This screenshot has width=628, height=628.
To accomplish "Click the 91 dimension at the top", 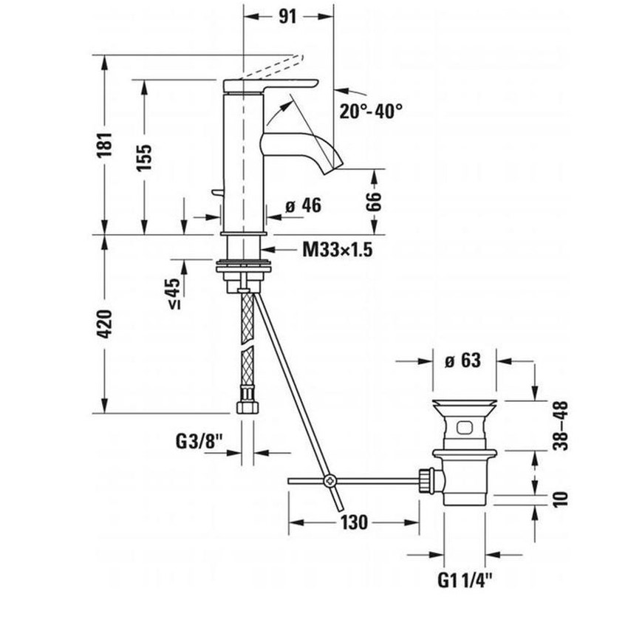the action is click(288, 16).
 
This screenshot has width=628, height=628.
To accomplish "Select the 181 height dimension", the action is click(105, 145).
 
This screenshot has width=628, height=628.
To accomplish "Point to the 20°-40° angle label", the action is click(371, 111).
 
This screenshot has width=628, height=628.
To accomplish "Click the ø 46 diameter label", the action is click(303, 205).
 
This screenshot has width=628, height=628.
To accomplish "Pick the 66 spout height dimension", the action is click(374, 201).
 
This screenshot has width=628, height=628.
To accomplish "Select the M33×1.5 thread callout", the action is click(337, 250).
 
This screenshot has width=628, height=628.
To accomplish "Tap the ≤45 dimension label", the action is click(174, 293).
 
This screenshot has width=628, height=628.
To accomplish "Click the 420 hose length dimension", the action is click(105, 324).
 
